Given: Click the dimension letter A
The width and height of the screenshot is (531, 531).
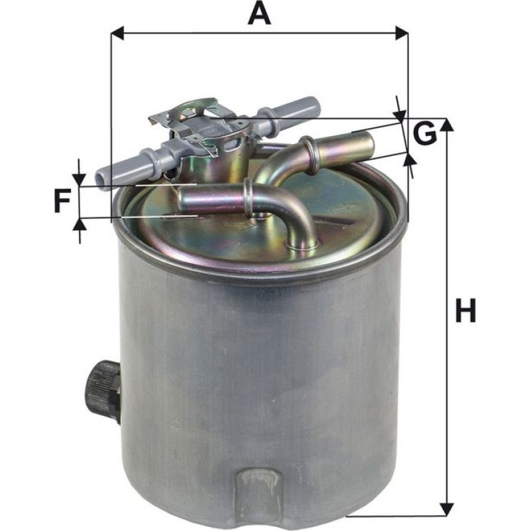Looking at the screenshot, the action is tap(259, 13).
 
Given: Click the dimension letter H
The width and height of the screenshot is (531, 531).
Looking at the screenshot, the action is tap(466, 310).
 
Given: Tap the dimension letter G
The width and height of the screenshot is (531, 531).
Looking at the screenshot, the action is tap(425, 133).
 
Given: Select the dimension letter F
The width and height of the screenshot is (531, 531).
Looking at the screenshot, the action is tap(62, 201).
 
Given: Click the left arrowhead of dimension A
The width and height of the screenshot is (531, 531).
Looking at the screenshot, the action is tap(117, 33).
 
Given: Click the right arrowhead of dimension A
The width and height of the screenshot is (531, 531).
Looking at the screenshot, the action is tap(402, 33).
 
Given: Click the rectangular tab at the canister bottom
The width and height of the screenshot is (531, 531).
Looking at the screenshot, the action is tap(259, 490).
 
